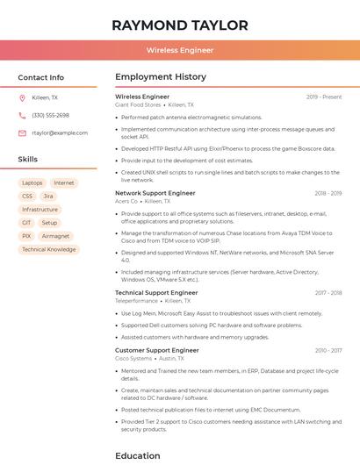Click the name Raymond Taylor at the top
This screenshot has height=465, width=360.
180,25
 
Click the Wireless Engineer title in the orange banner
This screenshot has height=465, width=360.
180,50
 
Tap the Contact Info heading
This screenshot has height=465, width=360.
41,77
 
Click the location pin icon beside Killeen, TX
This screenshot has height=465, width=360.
23,97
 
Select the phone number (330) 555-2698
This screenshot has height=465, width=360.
50,115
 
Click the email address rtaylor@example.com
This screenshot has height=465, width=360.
60,132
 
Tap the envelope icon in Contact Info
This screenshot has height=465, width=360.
23,132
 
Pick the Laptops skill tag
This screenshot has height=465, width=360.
32,182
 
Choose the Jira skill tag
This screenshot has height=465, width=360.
48,196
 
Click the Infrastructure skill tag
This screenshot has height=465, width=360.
40,210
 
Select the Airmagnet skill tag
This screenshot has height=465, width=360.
55,236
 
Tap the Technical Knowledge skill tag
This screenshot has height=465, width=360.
49,249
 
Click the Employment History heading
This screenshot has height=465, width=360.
161,77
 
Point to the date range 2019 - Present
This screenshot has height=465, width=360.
324,97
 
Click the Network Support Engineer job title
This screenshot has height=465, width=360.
155,193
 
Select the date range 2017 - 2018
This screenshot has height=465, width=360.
328,293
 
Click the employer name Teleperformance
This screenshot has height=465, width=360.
136,301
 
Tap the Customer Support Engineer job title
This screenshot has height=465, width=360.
157,350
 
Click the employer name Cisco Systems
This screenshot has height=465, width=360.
133,358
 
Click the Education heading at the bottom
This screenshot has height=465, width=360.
138,455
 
